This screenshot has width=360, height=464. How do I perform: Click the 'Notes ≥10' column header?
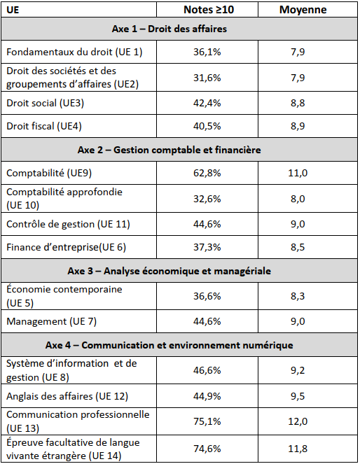[x=209, y=10]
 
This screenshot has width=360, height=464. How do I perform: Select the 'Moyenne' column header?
[x=303, y=10]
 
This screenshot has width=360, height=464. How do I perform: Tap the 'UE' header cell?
[x=13, y=10]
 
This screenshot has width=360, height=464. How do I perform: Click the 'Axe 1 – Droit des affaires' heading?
[x=169, y=29]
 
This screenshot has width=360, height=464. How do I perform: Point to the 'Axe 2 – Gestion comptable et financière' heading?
[x=169, y=150]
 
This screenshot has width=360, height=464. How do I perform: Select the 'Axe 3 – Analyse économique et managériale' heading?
[x=169, y=271]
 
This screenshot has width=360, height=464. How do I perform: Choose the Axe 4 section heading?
[x=169, y=345]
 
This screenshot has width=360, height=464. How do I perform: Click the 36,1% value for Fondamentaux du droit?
[x=207, y=52]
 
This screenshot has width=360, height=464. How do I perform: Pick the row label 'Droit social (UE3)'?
[x=46, y=103]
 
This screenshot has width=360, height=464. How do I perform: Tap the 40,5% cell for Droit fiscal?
[x=207, y=126]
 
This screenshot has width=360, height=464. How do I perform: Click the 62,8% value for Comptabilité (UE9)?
[x=207, y=173]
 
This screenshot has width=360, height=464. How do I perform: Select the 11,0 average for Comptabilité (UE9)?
[x=298, y=173]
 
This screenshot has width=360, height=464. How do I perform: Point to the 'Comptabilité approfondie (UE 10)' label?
[x=64, y=198]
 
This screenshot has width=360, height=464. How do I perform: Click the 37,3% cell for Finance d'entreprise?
[x=207, y=247]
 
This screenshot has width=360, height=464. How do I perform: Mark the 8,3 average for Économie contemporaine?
[x=298, y=296]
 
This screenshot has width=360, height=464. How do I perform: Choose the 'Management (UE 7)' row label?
[x=52, y=321]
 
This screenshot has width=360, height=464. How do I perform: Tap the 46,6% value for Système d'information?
[x=207, y=370]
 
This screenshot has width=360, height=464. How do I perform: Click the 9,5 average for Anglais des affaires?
[x=298, y=396]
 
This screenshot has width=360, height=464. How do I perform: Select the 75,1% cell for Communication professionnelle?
[x=207, y=421]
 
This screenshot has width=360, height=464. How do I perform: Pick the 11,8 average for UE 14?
[x=298, y=449]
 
